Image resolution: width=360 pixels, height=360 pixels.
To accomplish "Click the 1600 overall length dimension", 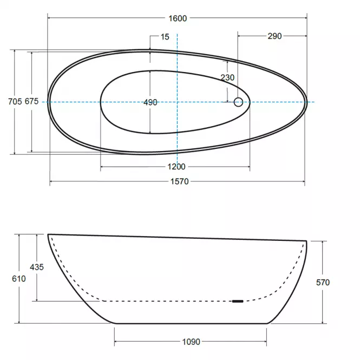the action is point(178,18).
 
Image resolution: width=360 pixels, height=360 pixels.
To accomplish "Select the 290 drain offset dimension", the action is point(274,36).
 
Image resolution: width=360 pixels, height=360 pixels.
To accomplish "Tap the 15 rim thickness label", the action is point(165,37).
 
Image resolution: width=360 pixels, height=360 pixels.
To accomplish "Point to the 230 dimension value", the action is point(227,77).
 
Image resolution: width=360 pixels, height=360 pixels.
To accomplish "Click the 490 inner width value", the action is point(150,102).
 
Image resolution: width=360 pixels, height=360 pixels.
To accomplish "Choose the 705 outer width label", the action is point(15,101).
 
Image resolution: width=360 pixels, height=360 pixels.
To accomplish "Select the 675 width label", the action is point(32,101).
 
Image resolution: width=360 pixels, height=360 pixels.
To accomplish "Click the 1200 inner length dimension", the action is point(176,167).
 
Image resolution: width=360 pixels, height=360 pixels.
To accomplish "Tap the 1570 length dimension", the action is point(180,181).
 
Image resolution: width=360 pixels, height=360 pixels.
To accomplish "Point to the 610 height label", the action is point(19,279).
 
